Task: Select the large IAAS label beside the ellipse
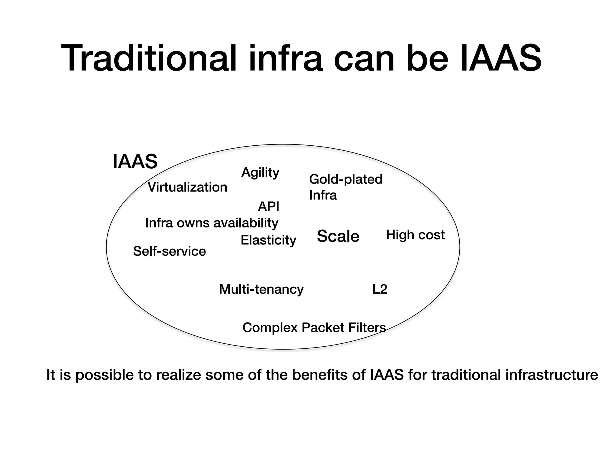(x=135, y=162)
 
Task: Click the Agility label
(x=260, y=172)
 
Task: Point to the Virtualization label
(x=188, y=187)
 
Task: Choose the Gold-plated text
(x=346, y=180)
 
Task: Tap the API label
(x=269, y=207)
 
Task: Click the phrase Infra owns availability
(x=212, y=223)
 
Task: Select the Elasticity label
(x=268, y=240)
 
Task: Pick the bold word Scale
(x=338, y=236)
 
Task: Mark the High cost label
(x=415, y=235)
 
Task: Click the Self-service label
(x=169, y=251)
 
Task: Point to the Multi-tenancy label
(x=261, y=289)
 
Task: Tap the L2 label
(x=380, y=289)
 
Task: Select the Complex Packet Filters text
(x=314, y=328)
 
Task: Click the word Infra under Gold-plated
(x=323, y=195)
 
